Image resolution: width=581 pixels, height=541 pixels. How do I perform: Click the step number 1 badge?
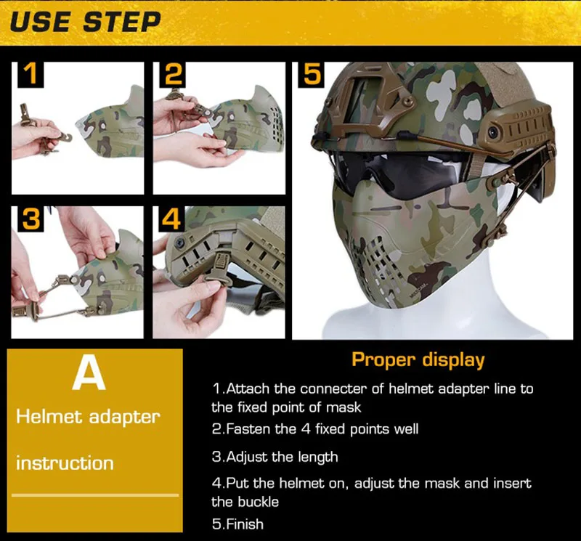pos(31,74)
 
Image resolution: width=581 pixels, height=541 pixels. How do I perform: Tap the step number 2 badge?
pos(172,74)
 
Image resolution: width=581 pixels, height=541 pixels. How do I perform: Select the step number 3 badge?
pos(31,219)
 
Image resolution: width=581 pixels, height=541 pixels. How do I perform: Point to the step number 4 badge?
pos(171,219)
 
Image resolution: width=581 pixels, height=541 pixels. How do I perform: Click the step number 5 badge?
pos(312,75)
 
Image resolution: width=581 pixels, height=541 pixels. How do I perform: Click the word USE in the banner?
pos(40,22)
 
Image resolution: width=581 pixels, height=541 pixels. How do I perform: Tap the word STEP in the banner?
pos(121,22)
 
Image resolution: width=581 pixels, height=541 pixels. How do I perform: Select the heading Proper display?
pos(418,359)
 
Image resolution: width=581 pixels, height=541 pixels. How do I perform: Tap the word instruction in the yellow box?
pos(65,463)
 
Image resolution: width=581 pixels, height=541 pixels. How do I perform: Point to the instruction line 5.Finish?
pos(237,524)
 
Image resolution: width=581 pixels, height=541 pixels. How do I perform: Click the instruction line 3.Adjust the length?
pos(275,457)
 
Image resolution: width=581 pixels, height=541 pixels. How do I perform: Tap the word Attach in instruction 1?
pos(248,389)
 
